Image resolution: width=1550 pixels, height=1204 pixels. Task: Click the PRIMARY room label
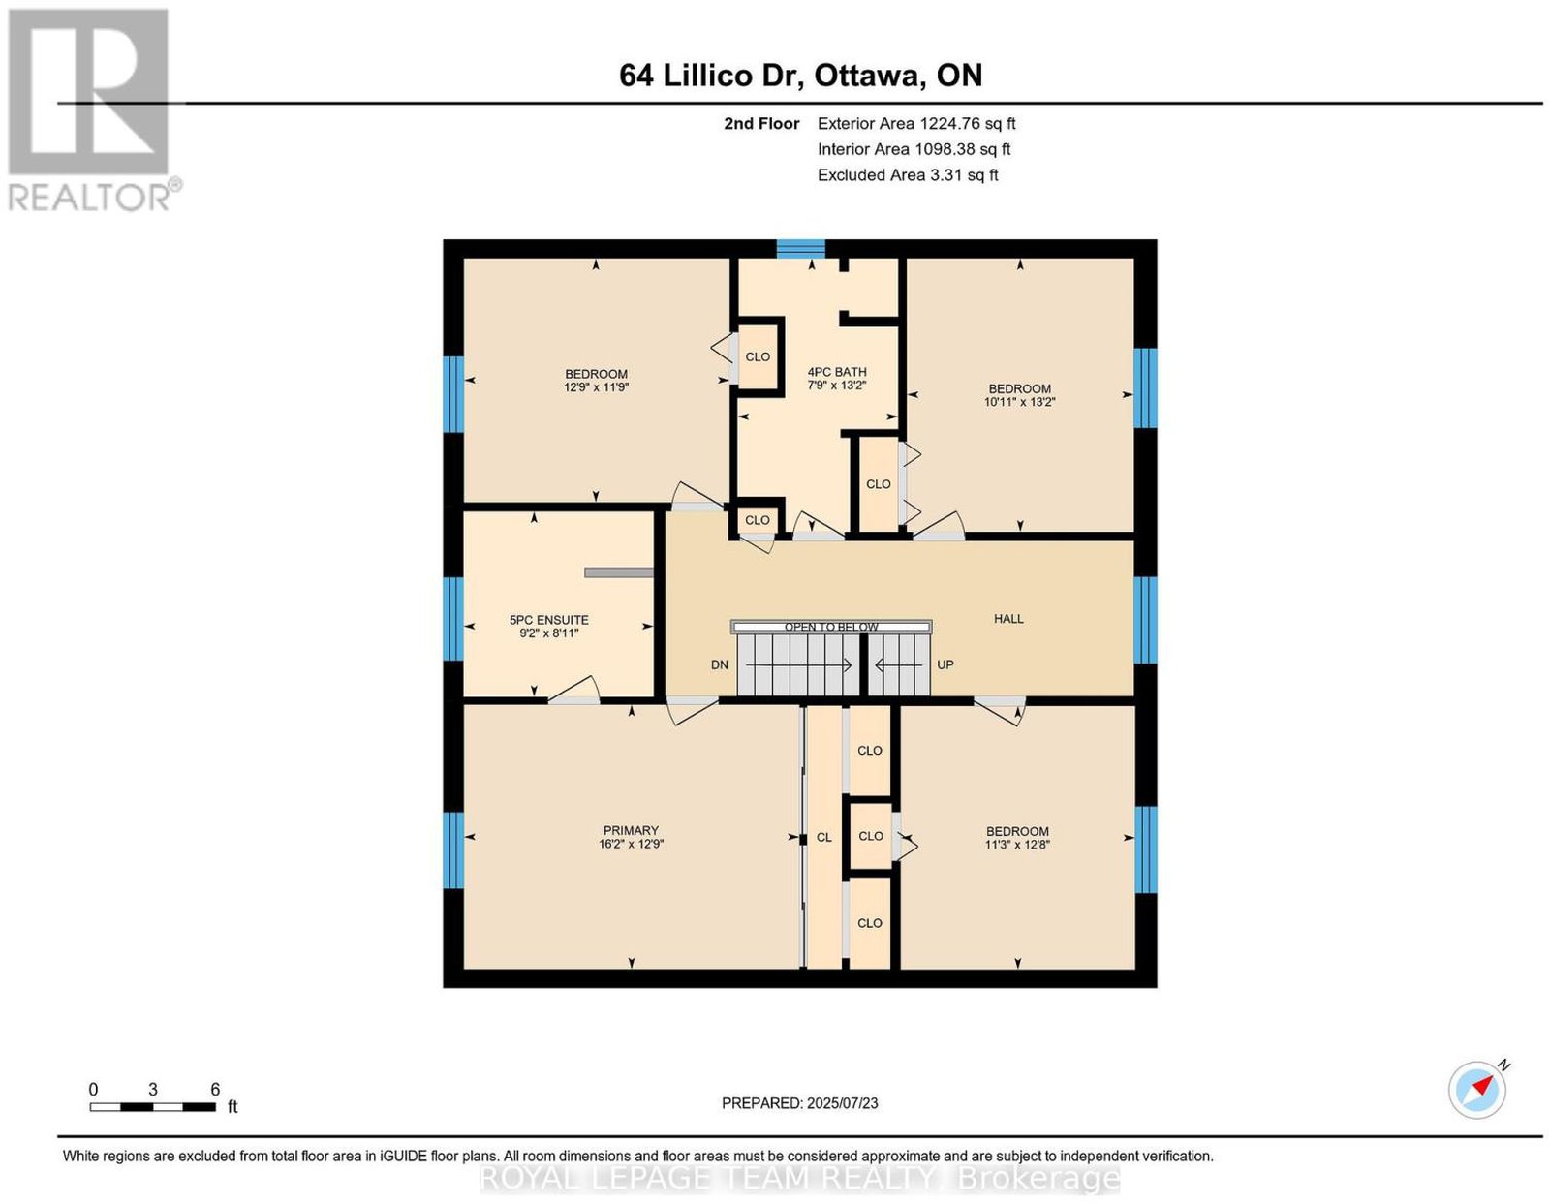[631, 830]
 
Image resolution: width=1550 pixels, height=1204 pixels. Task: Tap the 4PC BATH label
[837, 372]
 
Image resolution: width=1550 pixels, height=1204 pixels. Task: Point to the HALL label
[1008, 619]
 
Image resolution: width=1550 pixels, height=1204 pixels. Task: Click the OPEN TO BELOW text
[831, 628]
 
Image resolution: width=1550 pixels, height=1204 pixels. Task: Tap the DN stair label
[720, 665]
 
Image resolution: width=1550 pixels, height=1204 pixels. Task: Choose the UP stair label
[945, 665]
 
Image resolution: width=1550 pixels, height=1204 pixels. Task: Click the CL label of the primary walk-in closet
[823, 838]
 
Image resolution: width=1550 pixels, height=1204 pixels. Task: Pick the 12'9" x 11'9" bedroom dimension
[596, 387]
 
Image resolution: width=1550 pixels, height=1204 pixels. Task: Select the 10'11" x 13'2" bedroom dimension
[1019, 402]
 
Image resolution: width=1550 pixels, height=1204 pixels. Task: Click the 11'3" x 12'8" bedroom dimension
[1017, 845]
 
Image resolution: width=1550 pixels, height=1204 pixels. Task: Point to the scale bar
[153, 1107]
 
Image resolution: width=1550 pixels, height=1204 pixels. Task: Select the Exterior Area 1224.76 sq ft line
[916, 123]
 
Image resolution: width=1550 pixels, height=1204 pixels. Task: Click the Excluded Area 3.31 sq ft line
[908, 174]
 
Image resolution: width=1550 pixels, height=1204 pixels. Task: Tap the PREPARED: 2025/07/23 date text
[799, 1103]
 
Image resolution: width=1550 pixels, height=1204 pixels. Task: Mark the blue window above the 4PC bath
[800, 249]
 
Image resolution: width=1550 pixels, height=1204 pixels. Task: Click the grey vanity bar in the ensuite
[618, 572]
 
